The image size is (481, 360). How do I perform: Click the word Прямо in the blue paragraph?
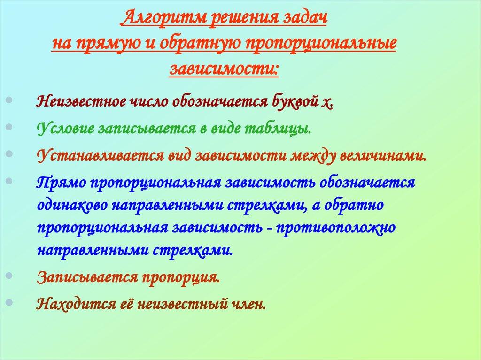click(59, 182)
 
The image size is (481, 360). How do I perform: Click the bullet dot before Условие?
click(10, 127)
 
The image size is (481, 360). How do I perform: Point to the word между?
click(309, 155)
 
